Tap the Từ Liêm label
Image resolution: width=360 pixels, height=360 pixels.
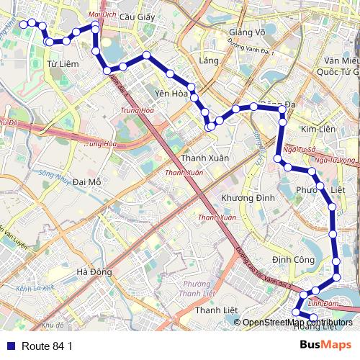tap(61, 64)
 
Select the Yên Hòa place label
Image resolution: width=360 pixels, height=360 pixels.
tap(171, 93)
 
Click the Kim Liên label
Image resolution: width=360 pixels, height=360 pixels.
tap(318, 128)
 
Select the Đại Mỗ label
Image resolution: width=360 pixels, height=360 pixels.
tap(87, 182)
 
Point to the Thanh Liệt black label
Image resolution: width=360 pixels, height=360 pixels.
tap(216, 310)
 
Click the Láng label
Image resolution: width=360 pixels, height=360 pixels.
tap(210, 60)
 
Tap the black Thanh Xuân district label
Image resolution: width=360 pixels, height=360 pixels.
tap(205, 158)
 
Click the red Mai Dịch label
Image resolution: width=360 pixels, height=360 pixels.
tap(101, 14)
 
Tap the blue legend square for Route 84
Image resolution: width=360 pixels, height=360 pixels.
tap(8, 346)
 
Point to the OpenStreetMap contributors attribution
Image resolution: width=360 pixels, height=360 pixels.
tap(297, 323)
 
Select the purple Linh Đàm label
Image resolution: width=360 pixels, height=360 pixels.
tap(322, 304)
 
